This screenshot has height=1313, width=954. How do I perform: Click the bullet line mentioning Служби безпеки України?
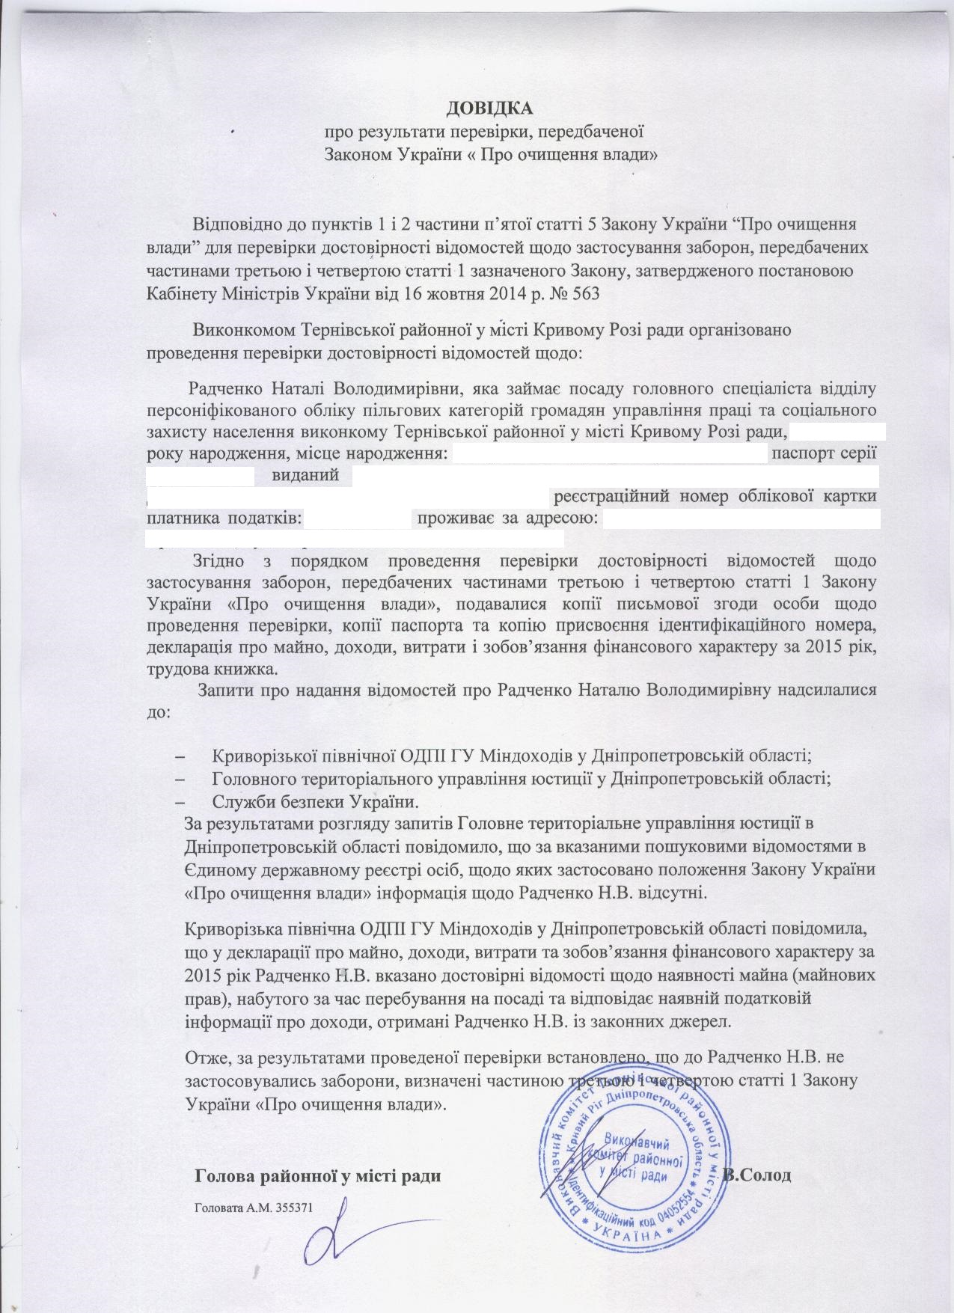pyautogui.click(x=314, y=803)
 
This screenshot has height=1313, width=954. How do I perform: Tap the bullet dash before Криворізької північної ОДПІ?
pyautogui.click(x=179, y=756)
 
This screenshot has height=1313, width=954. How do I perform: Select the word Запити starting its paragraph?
pyautogui.click(x=225, y=690)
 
